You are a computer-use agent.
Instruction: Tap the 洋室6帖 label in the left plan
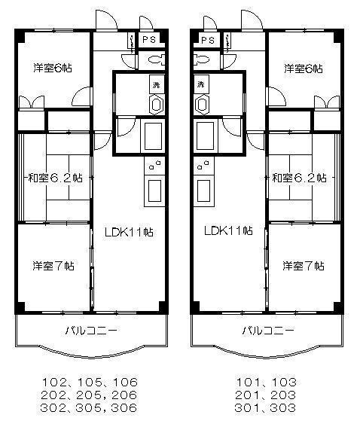[51, 68]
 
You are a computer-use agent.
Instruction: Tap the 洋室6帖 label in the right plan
[303, 69]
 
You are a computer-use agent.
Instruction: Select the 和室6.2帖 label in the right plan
[299, 178]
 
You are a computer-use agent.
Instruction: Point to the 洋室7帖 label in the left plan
[53, 265]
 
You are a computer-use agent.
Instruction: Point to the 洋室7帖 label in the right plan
[304, 266]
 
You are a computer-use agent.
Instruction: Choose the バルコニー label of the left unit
[91, 330]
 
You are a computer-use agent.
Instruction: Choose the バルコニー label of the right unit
[267, 330]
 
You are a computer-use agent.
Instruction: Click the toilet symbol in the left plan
[157, 59]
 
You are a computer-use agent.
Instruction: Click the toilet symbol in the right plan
[201, 59]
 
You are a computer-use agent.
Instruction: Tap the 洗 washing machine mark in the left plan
[156, 84]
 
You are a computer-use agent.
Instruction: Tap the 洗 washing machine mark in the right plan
[202, 84]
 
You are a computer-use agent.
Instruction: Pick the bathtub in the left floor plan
[153, 137]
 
